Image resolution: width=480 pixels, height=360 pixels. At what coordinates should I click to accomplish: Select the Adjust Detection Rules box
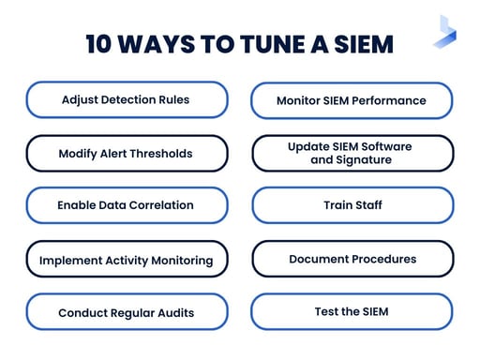pyautogui.click(x=127, y=99)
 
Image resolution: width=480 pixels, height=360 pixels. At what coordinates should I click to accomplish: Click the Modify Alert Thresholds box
pyautogui.click(x=127, y=153)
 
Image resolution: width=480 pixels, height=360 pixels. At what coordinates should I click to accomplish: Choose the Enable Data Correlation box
pyautogui.click(x=127, y=205)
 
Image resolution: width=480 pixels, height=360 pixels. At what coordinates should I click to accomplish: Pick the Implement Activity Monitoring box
pyautogui.click(x=127, y=259)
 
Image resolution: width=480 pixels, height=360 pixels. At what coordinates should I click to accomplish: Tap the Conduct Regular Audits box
pyautogui.click(x=127, y=312)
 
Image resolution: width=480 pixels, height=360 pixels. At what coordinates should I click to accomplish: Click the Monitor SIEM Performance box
pyautogui.click(x=352, y=100)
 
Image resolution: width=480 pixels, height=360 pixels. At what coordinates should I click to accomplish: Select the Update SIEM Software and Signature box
pyautogui.click(x=352, y=153)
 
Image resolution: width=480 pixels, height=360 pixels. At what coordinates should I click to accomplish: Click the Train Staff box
pyautogui.click(x=352, y=205)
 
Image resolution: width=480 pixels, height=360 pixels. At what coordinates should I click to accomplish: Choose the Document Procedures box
pyautogui.click(x=352, y=259)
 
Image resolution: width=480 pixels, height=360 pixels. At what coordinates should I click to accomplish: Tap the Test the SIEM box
pyautogui.click(x=352, y=311)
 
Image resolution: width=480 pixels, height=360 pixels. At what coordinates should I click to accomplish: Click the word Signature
pyautogui.click(x=364, y=160)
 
